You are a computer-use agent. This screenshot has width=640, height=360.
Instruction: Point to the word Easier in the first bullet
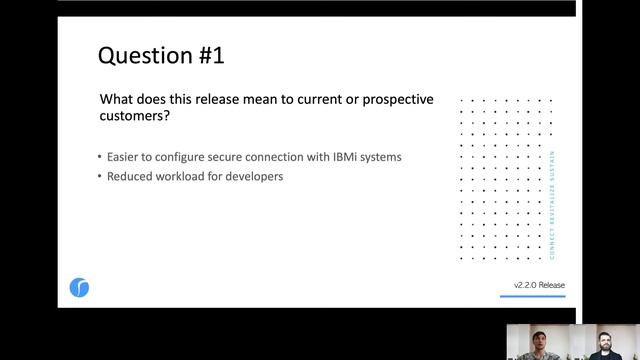pyautogui.click(x=125, y=157)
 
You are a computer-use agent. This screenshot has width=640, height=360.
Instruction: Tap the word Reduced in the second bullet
pyautogui.click(x=129, y=177)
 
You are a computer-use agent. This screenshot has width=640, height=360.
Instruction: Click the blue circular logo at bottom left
pyautogui.click(x=80, y=288)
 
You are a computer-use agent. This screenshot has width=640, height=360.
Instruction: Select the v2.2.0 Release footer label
pyautogui.click(x=539, y=285)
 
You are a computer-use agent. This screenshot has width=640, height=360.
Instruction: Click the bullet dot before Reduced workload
pyautogui.click(x=100, y=177)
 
